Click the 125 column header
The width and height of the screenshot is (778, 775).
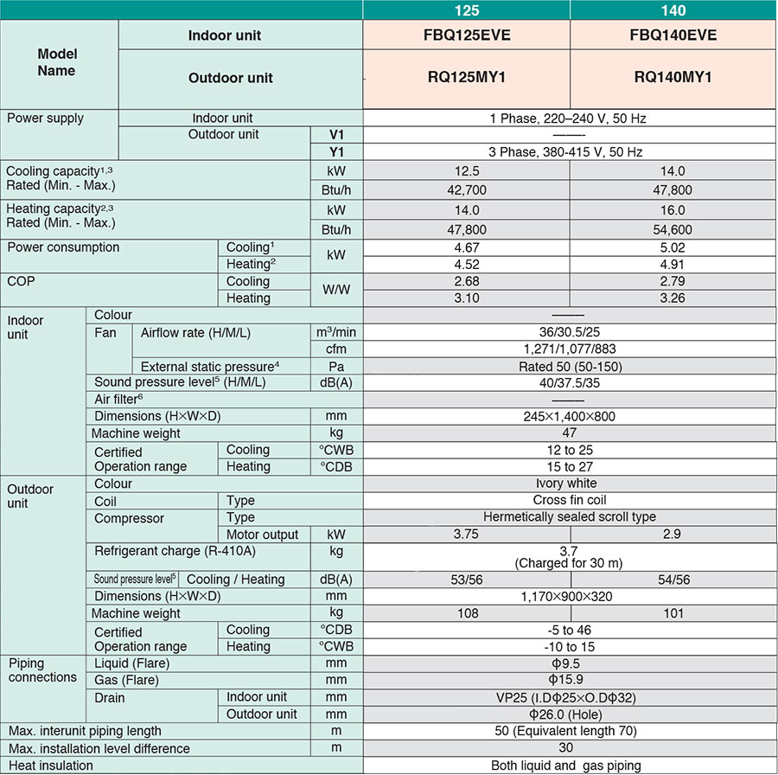point(466,10)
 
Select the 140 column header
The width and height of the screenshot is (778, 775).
point(673,10)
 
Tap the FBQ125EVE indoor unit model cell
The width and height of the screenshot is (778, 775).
point(466,35)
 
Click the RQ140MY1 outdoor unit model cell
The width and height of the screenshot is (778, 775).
point(673,77)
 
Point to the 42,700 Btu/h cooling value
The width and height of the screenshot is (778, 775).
point(466,188)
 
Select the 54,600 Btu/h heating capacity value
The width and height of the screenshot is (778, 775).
point(673,229)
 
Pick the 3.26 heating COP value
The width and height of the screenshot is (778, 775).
point(673,298)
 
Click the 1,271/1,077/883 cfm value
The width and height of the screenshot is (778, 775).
point(569,349)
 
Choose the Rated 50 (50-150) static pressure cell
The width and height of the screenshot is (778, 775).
point(569,366)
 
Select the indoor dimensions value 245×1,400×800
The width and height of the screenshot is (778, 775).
point(569,416)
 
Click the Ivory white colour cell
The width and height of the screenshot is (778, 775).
point(569,484)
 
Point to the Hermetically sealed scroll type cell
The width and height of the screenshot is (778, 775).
point(569,517)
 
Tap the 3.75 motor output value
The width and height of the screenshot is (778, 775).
point(466,535)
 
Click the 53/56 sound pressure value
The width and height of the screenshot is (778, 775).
point(466,580)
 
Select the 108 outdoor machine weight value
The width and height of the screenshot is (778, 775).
point(466,613)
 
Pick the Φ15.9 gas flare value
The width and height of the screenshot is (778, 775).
point(569,680)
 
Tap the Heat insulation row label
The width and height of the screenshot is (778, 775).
point(50,765)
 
